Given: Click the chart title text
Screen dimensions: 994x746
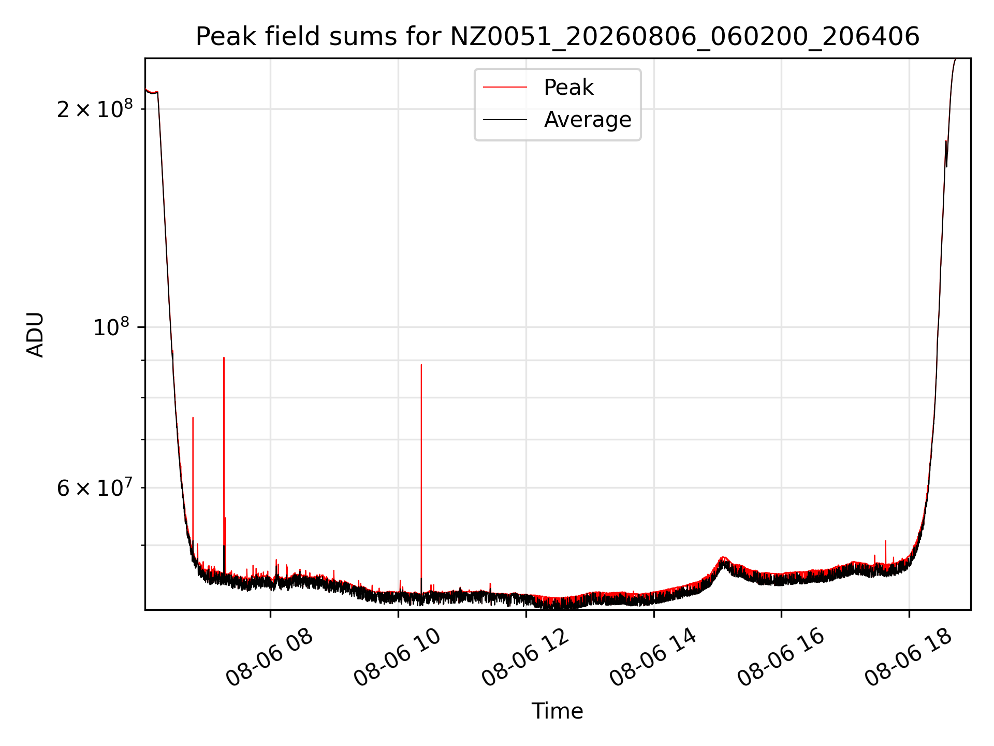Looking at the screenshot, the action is click(558, 37).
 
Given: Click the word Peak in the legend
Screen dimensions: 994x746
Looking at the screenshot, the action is click(568, 88).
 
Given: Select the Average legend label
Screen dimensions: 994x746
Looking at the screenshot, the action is click(588, 120).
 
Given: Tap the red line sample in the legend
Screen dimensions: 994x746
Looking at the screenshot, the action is click(505, 88).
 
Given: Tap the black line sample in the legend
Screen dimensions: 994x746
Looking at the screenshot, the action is click(505, 120).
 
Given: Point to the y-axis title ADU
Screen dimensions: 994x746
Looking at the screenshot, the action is click(35, 334).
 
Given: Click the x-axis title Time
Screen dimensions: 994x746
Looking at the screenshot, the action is click(558, 711).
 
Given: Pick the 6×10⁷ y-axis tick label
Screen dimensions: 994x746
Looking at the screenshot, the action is click(95, 487).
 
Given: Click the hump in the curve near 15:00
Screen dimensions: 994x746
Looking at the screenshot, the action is click(724, 562).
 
